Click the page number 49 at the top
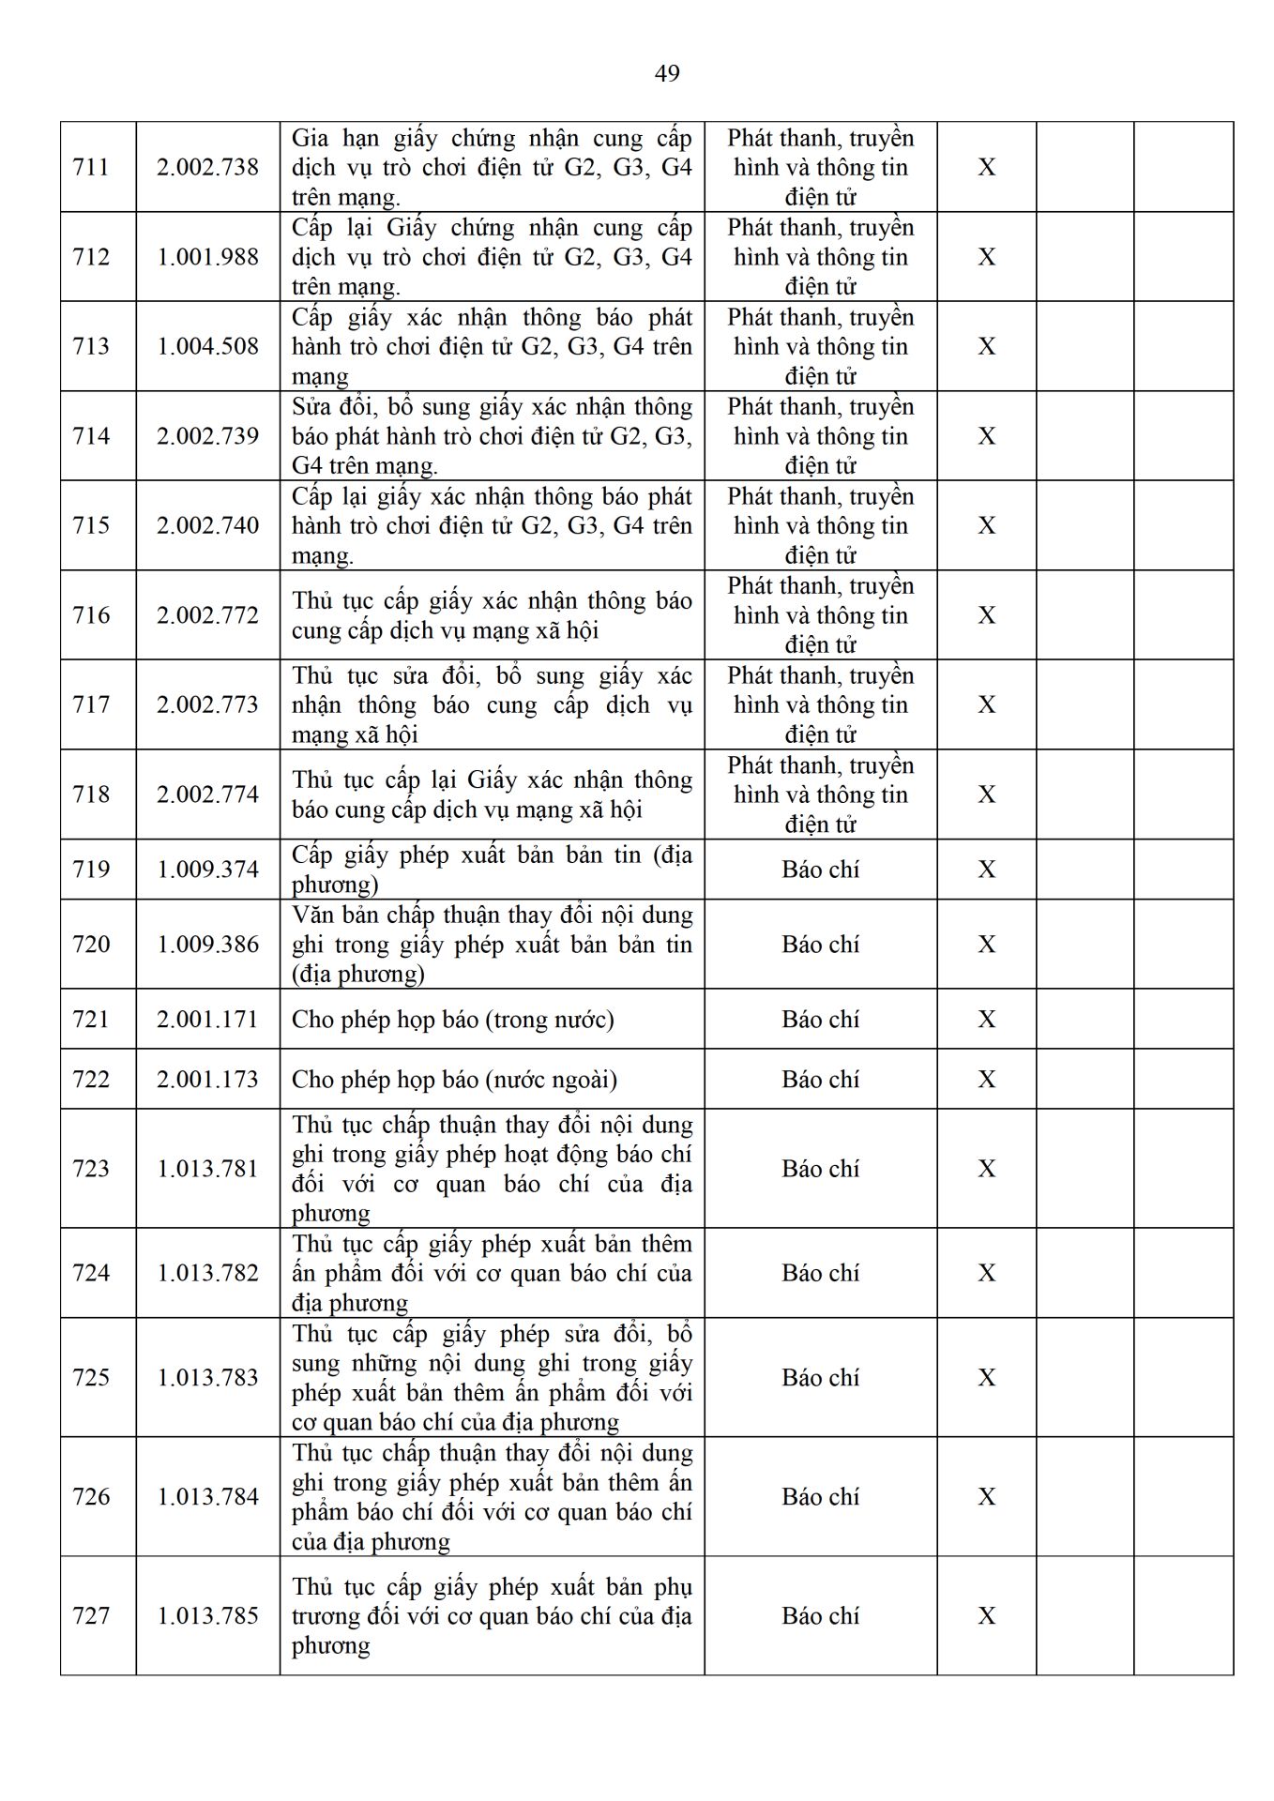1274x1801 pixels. click(x=667, y=73)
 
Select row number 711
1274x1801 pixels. click(x=91, y=167)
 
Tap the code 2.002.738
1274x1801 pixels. click(x=207, y=167)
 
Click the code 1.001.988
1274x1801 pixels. click(x=207, y=257)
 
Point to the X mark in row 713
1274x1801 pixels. click(x=986, y=346)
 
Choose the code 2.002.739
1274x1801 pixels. click(x=207, y=436)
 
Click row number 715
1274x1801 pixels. click(x=91, y=525)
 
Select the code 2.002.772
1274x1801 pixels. click(x=207, y=615)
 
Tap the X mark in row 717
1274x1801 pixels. click(x=986, y=704)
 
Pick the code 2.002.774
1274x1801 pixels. click(x=207, y=795)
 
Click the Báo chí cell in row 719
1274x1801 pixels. click(x=820, y=870)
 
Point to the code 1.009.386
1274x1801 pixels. click(x=207, y=945)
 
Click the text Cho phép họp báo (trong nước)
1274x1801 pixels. click(x=453, y=1020)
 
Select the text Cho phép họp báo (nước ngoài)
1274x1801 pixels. click(x=454, y=1080)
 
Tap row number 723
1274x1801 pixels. click(x=91, y=1169)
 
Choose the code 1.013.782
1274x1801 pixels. click(x=207, y=1273)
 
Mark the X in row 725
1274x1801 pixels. click(x=986, y=1378)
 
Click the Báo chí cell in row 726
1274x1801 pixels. click(x=820, y=1497)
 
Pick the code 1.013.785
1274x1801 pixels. click(x=207, y=1616)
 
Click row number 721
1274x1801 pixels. click(x=91, y=1020)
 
